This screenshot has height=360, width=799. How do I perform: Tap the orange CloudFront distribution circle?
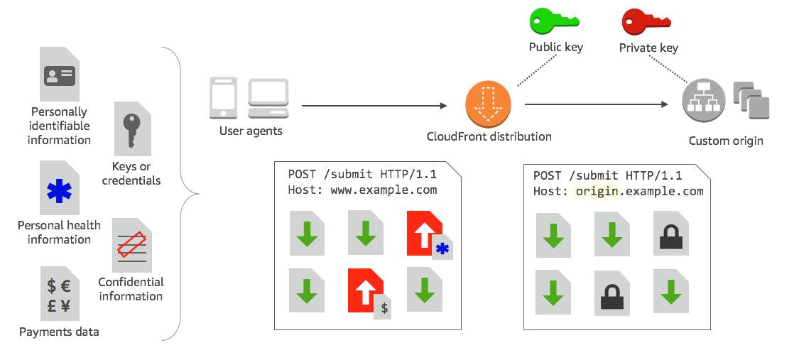click(488, 104)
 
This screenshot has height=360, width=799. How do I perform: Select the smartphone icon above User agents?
click(222, 98)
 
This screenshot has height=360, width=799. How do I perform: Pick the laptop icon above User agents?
click(268, 98)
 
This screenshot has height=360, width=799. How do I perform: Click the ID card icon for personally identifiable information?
click(60, 75)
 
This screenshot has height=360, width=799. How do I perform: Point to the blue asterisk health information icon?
click(60, 190)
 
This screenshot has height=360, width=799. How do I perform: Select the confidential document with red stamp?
click(132, 245)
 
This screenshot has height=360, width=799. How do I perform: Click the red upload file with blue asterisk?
click(426, 235)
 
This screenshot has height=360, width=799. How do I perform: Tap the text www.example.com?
click(384, 190)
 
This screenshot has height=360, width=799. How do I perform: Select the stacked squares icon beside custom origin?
click(751, 100)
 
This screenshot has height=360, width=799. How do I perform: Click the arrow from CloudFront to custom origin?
click(597, 104)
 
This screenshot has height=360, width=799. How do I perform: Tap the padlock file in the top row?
click(670, 232)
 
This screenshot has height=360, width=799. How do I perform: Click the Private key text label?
click(648, 48)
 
